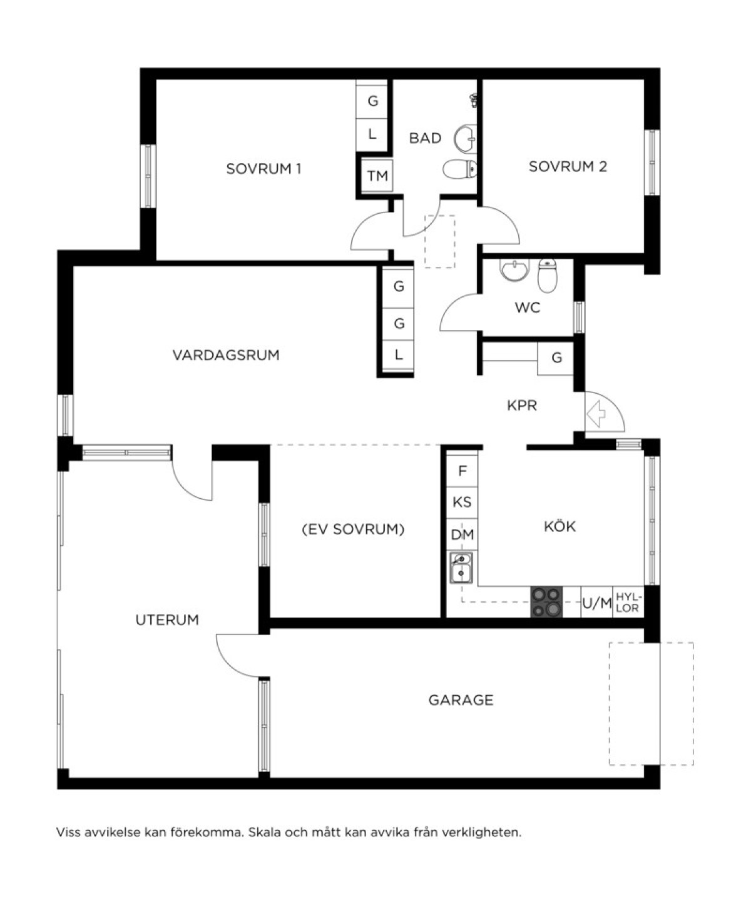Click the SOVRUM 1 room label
[x=263, y=169]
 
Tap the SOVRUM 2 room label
[x=568, y=166]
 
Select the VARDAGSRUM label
[x=226, y=355]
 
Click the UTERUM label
[x=167, y=619]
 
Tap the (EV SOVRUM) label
[x=353, y=529]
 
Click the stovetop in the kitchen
[x=546, y=601]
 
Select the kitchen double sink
[x=461, y=568]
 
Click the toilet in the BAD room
[x=459, y=169]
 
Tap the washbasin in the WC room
[x=514, y=270]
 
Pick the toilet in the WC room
[x=547, y=276]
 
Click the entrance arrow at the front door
[x=596, y=414]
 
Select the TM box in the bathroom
[x=377, y=176]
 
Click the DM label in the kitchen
[x=462, y=534]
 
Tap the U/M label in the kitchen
[x=597, y=603]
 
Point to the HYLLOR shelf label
[x=628, y=603]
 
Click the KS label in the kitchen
[x=462, y=502]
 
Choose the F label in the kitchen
[x=462, y=471]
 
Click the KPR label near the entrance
[x=522, y=405]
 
